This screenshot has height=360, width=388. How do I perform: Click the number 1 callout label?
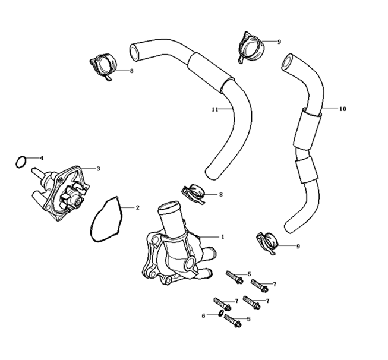[222, 236]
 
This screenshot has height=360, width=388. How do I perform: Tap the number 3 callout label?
[98, 169]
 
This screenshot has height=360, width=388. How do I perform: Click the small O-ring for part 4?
[20, 160]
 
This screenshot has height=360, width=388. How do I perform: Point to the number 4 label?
[42, 158]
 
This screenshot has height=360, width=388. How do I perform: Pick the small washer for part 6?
[220, 315]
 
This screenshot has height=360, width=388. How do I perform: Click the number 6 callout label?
[203, 315]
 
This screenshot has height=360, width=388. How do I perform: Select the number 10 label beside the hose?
[342, 109]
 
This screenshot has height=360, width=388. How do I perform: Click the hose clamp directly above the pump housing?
[194, 193]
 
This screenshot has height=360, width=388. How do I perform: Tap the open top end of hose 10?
[288, 61]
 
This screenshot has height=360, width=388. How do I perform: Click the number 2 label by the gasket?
[137, 208]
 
